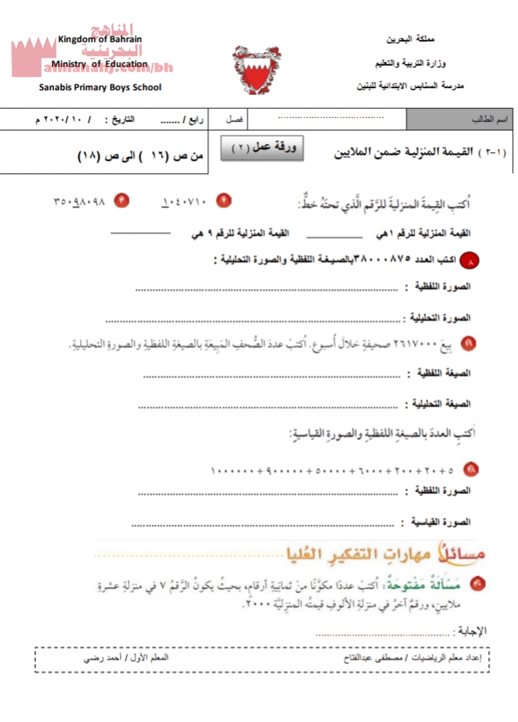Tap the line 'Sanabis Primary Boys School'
[100, 88]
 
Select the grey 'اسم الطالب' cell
[461, 118]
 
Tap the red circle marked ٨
[474, 259]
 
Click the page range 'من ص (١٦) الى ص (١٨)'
[141, 154]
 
